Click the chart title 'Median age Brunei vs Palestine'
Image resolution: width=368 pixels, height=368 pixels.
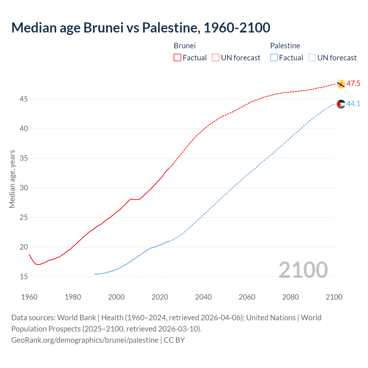coord(141,28)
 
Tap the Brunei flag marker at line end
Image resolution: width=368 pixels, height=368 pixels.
coord(341,84)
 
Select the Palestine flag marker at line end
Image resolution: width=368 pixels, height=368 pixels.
coord(341,104)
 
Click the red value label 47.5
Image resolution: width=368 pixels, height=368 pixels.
coord(353,84)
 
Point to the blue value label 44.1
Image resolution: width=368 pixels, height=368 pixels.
coord(353,103)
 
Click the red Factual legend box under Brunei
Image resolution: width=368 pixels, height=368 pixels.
coord(177,57)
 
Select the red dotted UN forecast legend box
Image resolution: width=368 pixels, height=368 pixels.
coord(216,57)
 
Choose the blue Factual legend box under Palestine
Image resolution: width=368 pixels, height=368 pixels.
coord(274,57)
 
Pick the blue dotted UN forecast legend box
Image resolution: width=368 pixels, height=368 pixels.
coord(312,57)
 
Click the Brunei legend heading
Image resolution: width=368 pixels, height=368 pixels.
coord(185,46)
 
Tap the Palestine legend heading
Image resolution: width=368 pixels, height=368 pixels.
coord(285,46)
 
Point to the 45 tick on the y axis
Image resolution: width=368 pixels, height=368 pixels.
coord(24,99)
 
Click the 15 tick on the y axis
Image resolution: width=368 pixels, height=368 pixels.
coord(24,277)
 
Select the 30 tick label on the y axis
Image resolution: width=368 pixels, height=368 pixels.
coord(24,188)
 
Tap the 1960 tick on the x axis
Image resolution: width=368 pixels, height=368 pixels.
coord(29,297)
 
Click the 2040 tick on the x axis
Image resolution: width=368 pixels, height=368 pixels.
coord(203,297)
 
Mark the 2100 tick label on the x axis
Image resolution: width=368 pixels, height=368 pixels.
coord(334,297)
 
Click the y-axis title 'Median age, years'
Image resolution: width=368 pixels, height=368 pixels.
coord(12,179)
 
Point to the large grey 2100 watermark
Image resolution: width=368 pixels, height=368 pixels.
coord(303,270)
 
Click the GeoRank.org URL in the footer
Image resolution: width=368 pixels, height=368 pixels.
coord(85,340)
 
